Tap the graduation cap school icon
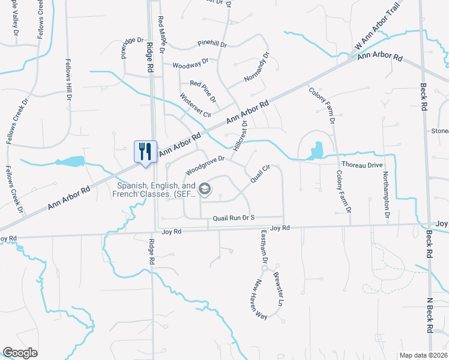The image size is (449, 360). [205, 190]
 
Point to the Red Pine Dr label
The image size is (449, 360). [203, 83]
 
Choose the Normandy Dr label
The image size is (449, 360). [258, 70]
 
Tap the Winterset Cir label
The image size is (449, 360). [196, 105]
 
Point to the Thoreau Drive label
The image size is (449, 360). [361, 164]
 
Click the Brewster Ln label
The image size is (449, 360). [278, 290]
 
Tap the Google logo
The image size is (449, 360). [20, 353]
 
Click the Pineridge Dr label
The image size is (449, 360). [132, 49]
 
